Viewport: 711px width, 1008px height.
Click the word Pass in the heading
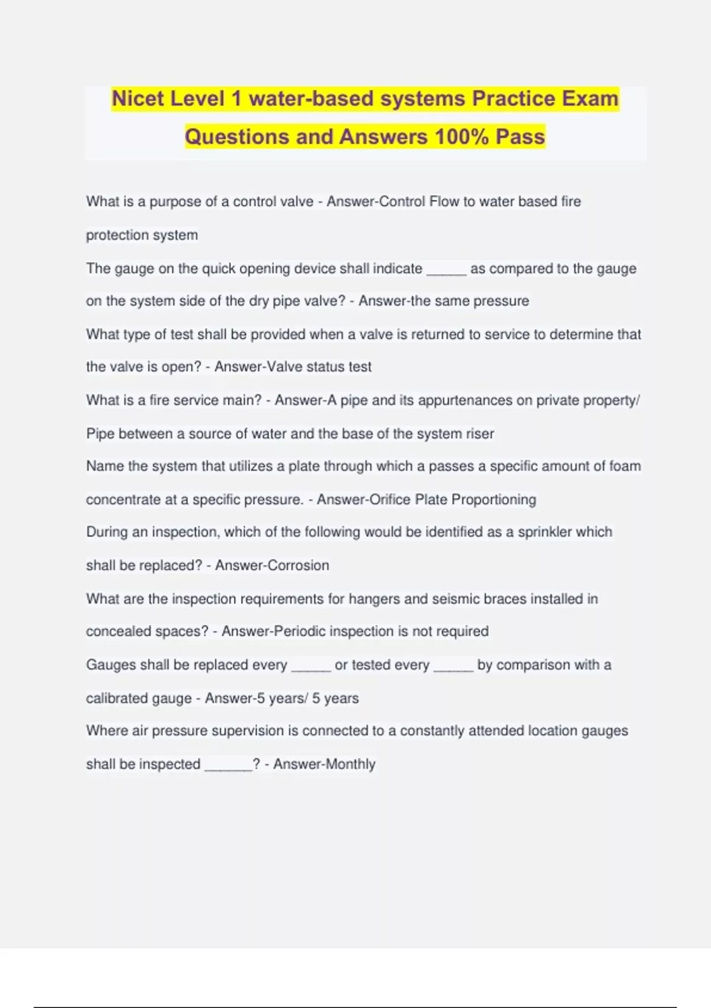click(x=520, y=137)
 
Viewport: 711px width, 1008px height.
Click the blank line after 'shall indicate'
click(x=446, y=270)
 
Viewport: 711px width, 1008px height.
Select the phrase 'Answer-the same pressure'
click(x=443, y=301)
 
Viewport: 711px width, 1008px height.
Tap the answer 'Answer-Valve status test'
click(x=293, y=367)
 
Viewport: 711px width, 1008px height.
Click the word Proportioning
click(x=494, y=500)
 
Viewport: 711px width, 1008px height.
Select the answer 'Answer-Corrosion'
click(x=272, y=566)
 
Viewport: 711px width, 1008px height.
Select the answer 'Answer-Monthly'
click(x=324, y=764)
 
